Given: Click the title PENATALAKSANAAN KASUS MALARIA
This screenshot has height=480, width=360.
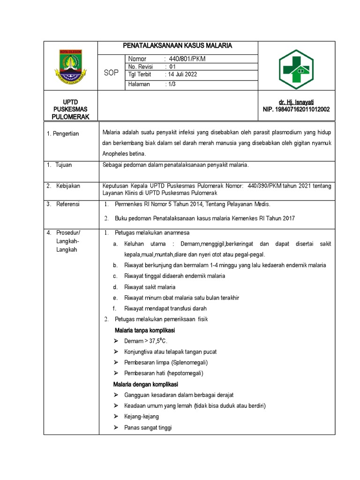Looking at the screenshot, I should [178, 46].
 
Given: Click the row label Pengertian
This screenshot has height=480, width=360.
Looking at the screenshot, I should [65, 134].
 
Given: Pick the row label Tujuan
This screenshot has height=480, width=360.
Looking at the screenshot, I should [64, 165].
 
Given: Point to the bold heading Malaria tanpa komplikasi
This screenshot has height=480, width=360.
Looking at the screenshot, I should [145, 330].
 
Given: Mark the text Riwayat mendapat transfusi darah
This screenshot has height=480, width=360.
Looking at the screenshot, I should [165, 308].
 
